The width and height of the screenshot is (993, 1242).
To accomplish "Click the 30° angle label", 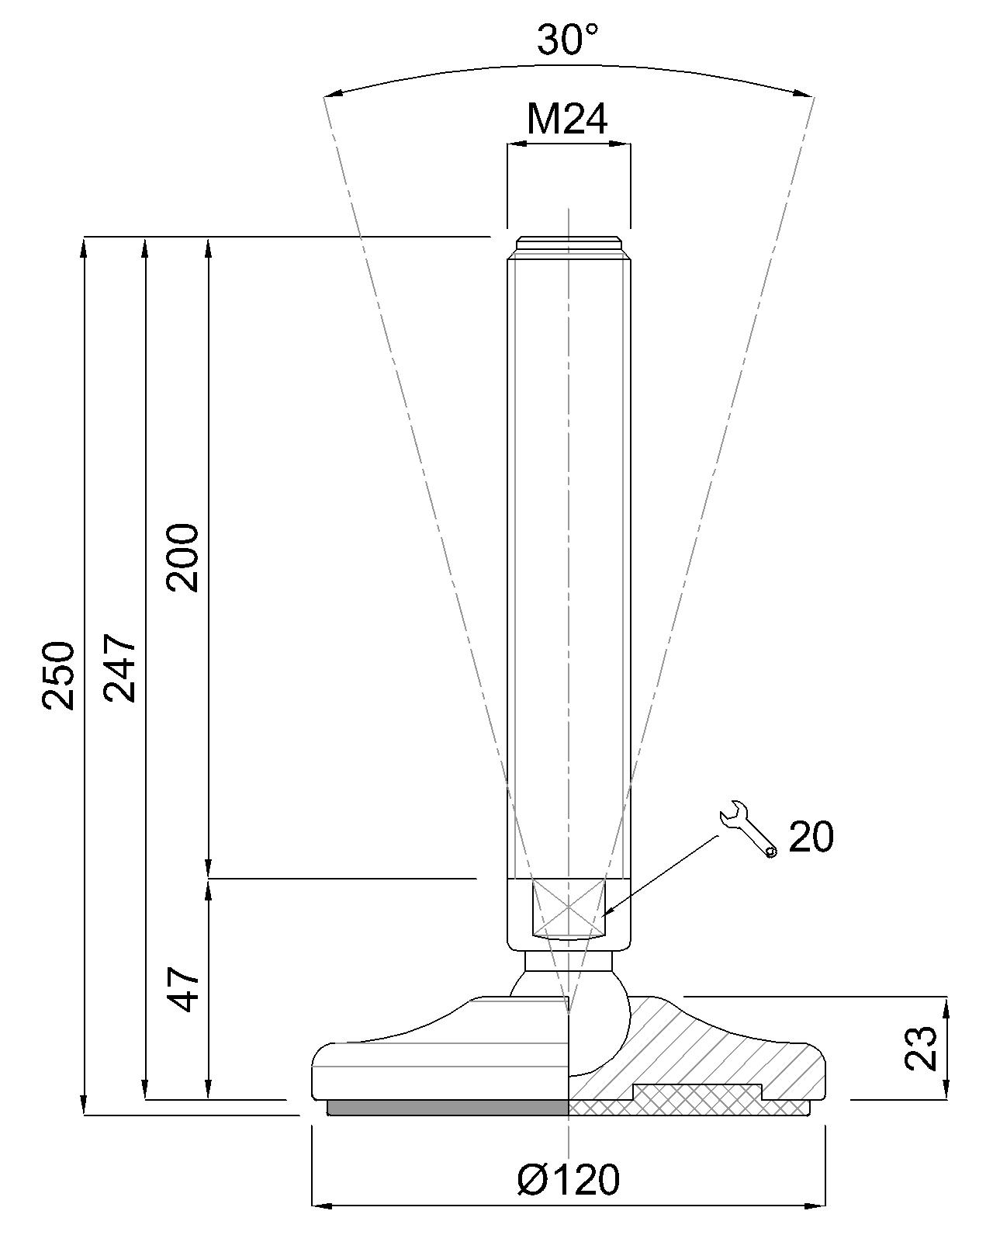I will (569, 40).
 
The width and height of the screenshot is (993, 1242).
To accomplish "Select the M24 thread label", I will (567, 120).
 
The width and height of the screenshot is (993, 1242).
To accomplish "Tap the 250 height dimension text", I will (59, 675).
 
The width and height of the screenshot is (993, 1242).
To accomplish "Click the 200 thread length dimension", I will (185, 558).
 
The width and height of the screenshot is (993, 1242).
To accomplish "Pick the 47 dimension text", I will (185, 989).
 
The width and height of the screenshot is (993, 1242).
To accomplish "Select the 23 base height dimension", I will (922, 1048).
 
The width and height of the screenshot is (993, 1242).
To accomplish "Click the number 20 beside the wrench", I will (811, 838).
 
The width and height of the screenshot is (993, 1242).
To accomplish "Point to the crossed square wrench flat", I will (568, 907).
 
